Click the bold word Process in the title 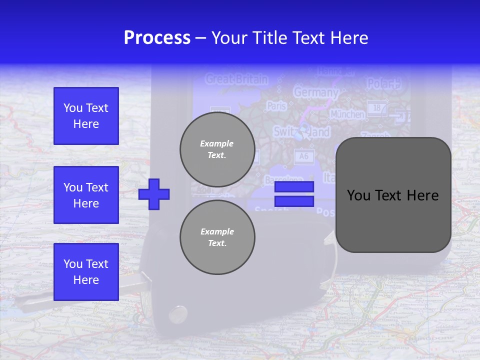point(157,38)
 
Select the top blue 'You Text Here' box point(86,116)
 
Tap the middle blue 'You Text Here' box point(86,195)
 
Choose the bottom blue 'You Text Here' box point(86,271)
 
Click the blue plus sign point(154,194)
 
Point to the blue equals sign point(294,194)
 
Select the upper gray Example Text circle point(217,149)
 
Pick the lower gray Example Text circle point(217,237)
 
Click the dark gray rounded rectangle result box point(393,195)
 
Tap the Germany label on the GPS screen point(315,92)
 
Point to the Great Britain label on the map point(236,79)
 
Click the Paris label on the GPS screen point(276,106)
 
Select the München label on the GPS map point(347,114)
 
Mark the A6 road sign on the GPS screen point(303,156)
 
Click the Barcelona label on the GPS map point(284,179)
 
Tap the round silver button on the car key point(177,313)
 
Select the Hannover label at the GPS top point(335,71)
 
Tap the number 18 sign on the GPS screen point(377,107)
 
